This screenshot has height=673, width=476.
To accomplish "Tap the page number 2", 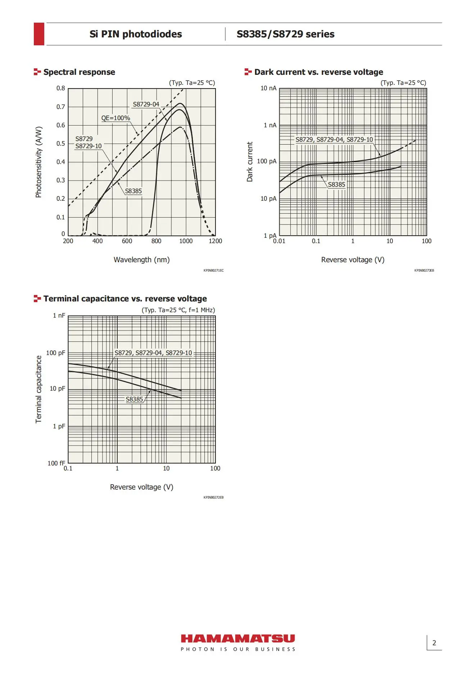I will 434,643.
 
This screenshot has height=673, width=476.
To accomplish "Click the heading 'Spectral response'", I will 79,72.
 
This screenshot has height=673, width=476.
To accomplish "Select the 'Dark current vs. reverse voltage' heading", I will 318,72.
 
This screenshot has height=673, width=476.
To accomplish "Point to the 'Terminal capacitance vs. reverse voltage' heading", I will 125,299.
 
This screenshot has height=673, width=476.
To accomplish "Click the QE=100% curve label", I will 115,118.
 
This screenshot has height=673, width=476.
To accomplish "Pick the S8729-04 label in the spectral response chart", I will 146,104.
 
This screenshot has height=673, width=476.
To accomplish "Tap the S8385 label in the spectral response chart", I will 133,191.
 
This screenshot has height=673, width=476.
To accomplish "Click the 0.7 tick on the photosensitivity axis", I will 61,107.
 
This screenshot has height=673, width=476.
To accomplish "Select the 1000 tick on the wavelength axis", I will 186,241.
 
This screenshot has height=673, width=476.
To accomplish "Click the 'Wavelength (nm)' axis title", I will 141,260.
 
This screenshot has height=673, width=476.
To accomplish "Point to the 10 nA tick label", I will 268,88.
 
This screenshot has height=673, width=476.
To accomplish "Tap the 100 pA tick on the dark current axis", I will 267,161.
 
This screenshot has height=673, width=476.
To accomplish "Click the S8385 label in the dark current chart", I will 336,185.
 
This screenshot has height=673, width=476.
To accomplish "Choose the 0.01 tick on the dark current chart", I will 279,241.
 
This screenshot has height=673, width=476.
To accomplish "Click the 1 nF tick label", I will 59,315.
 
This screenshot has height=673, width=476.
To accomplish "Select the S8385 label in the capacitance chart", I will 134,399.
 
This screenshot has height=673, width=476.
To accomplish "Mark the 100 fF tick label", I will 56,463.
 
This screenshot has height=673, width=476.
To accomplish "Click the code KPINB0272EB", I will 213,497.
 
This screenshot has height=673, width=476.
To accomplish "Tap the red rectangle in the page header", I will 39,34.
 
